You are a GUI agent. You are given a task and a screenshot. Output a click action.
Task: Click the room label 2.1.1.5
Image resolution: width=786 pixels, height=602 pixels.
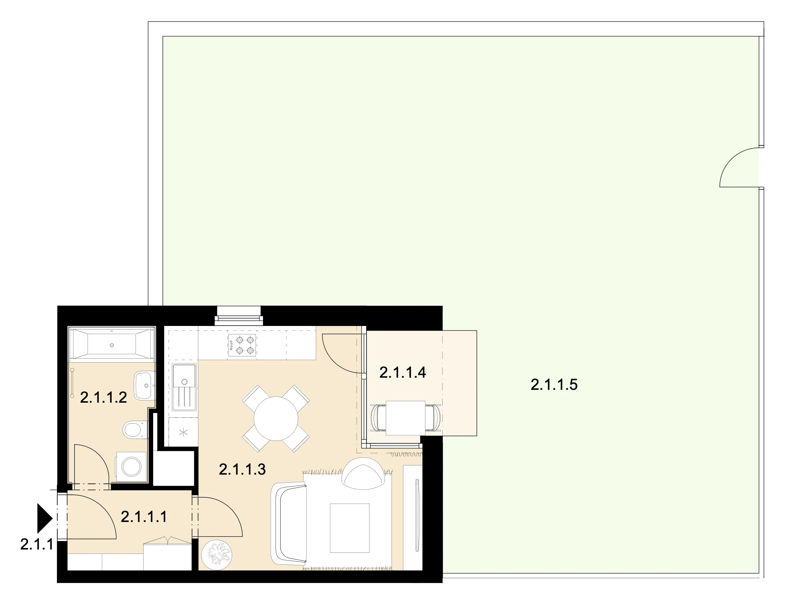(554, 385)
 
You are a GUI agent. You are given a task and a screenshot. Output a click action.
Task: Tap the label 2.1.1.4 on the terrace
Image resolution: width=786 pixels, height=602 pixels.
(403, 373)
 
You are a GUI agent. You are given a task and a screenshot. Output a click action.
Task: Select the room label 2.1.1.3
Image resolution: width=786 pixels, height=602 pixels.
(242, 469)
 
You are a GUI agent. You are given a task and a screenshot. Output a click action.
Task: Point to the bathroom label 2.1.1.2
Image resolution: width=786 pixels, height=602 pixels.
(103, 398)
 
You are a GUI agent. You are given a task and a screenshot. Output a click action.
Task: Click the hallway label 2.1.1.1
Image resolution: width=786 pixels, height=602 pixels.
(144, 517)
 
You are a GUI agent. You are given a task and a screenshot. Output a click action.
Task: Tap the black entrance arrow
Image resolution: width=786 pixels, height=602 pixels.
(45, 518)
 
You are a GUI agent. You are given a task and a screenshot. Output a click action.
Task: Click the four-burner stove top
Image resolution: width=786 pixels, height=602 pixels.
(242, 345)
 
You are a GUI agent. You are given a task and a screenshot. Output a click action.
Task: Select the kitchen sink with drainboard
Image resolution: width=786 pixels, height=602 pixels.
(184, 387)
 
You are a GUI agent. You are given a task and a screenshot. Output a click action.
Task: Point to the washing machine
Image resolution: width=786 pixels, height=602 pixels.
(131, 467)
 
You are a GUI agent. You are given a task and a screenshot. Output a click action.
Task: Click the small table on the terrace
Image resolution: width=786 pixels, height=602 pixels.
(405, 418)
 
